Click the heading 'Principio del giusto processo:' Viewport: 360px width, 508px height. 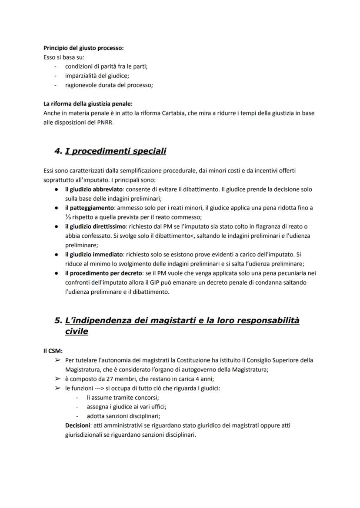tap(83, 48)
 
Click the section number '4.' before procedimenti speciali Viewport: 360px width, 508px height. tap(58, 151)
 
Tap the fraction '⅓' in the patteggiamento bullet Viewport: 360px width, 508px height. tap(68, 217)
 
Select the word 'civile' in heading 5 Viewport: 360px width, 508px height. tap(77, 331)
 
